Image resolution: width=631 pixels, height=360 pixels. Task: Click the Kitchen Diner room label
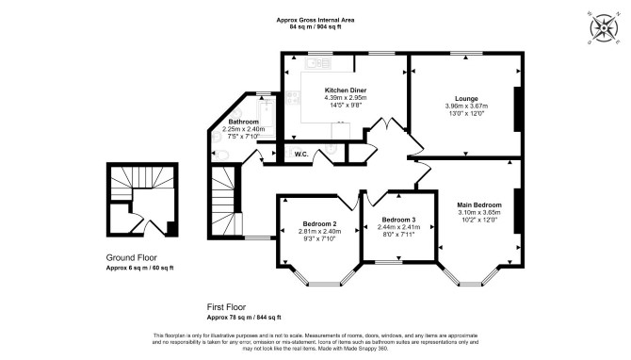click(346, 90)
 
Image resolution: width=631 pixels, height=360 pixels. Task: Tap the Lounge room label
click(466, 98)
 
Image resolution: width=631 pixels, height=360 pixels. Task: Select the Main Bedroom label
click(479, 205)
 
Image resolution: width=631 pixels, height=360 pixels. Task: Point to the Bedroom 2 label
click(319, 224)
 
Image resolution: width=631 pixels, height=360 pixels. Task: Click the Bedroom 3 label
click(398, 220)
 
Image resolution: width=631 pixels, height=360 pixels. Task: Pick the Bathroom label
click(244, 122)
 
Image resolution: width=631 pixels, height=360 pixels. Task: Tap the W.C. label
click(301, 155)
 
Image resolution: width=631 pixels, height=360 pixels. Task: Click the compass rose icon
click(604, 27)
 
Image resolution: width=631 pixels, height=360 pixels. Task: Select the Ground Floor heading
click(131, 257)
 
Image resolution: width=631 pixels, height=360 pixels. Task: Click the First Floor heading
click(226, 307)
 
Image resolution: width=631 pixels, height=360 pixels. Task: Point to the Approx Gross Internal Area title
click(315, 20)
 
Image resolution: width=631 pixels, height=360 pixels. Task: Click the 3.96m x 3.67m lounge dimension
click(466, 106)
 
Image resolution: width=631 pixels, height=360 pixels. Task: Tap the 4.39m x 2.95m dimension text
click(346, 98)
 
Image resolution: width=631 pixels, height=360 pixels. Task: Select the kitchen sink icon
click(317, 63)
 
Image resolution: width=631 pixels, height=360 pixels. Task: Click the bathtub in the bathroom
click(267, 116)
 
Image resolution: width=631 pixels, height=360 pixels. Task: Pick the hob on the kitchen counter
click(293, 97)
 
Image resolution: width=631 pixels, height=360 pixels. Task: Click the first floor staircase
click(223, 202)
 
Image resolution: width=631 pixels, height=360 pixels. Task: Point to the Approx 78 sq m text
click(229, 318)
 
